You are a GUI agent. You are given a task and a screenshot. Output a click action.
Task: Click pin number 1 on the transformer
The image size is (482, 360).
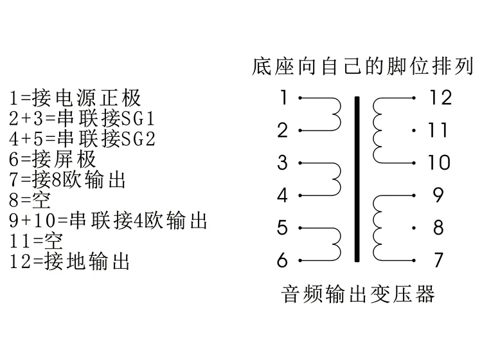(283, 98)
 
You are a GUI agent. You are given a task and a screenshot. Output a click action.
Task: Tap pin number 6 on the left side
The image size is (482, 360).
(283, 261)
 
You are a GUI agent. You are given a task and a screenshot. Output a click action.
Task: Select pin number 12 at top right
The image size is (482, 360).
(441, 98)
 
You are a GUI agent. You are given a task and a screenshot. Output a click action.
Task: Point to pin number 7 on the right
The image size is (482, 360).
(438, 260)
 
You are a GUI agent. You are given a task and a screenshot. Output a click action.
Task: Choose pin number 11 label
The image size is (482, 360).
(438, 130)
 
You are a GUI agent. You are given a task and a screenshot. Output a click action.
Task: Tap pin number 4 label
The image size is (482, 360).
(283, 195)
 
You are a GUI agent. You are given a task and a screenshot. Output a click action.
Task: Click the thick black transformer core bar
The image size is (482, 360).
(357, 179)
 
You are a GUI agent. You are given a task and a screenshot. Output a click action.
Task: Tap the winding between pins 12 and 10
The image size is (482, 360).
(378, 130)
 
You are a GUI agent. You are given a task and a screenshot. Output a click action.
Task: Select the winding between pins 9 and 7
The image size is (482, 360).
(378, 228)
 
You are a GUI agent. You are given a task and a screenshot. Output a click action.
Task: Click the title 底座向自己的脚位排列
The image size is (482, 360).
(363, 66)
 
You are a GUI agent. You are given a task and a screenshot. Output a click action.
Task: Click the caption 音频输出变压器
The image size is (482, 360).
(359, 294)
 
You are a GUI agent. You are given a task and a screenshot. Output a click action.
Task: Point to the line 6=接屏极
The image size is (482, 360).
(53, 159)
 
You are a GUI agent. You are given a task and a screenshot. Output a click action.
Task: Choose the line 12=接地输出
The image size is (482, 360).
(70, 261)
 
